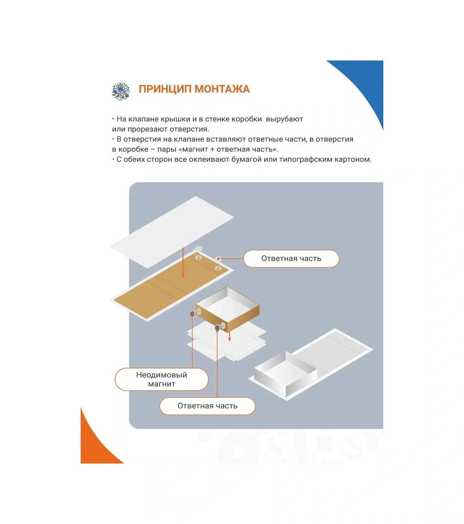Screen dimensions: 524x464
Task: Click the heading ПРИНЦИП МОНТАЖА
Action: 194,89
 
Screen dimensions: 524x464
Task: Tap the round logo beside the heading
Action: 120,91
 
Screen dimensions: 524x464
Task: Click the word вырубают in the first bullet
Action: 284,119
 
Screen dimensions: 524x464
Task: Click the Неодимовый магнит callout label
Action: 161,379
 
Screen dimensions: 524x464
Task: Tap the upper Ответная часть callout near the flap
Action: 291,259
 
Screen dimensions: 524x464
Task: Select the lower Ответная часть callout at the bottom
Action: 207,406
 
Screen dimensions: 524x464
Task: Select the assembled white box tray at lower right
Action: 286,373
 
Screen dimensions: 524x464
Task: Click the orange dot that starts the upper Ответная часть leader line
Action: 219,259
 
